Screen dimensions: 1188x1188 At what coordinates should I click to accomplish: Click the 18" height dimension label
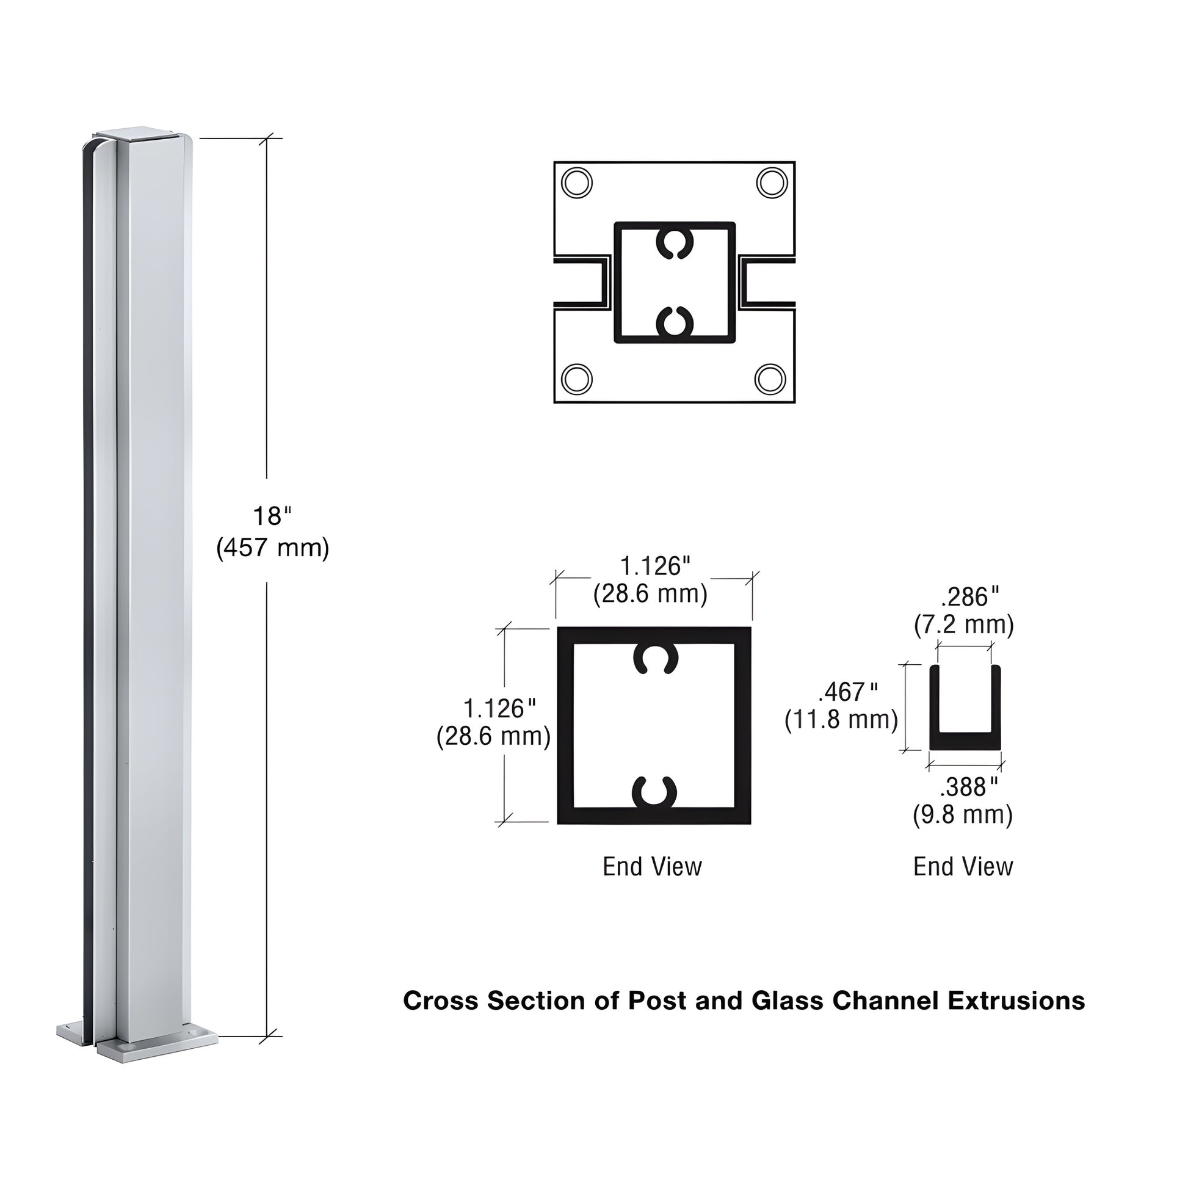[x=271, y=516]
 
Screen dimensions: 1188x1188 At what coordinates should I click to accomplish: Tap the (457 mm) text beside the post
[x=272, y=547]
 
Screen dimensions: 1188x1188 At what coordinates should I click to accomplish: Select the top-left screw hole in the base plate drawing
[x=577, y=183]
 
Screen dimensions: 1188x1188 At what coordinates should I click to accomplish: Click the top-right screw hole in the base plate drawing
[x=771, y=183]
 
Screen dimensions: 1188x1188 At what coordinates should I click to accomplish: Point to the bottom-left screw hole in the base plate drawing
[x=577, y=379]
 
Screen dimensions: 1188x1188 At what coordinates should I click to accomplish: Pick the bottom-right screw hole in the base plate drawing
[x=770, y=378]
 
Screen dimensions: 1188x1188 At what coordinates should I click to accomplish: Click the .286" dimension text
[x=970, y=597]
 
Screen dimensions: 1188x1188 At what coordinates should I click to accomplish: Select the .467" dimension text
[x=848, y=692]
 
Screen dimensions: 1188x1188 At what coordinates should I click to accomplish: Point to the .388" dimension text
[x=968, y=787]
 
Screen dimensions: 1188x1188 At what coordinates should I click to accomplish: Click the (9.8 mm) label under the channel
[x=962, y=816]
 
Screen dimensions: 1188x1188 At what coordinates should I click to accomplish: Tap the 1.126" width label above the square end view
[x=654, y=567]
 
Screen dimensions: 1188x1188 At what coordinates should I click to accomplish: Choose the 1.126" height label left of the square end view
[x=499, y=709]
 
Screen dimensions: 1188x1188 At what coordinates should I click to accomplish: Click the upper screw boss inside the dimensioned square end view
[x=656, y=659]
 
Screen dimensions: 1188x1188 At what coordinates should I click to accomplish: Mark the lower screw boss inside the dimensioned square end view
[x=655, y=792]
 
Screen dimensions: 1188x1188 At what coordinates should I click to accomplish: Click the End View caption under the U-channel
[x=962, y=867]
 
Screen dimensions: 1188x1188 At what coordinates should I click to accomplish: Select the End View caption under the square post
[x=652, y=867]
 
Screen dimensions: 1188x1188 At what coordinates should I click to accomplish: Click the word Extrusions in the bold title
[x=1016, y=1001]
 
